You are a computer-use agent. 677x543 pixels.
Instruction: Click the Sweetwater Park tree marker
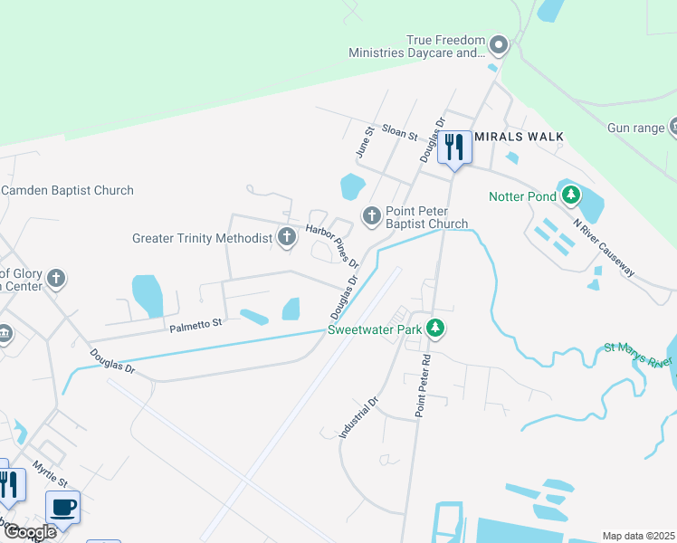coord(436,329)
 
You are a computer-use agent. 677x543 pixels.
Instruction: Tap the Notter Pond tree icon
coord(570,195)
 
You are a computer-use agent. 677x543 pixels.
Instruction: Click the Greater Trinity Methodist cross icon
coord(287,238)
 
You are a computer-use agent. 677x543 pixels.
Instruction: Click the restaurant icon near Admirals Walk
coord(454,147)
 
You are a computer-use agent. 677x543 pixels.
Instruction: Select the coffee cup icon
coord(62,507)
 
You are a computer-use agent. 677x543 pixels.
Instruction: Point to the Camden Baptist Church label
coord(67,190)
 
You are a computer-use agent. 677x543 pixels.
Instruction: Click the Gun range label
coord(635,128)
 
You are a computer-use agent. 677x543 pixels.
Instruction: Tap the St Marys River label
coord(638,354)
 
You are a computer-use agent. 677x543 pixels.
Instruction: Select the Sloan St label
coord(398,134)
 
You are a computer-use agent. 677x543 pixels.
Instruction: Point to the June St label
coord(364,144)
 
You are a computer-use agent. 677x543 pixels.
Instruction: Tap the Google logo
coord(30,532)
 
